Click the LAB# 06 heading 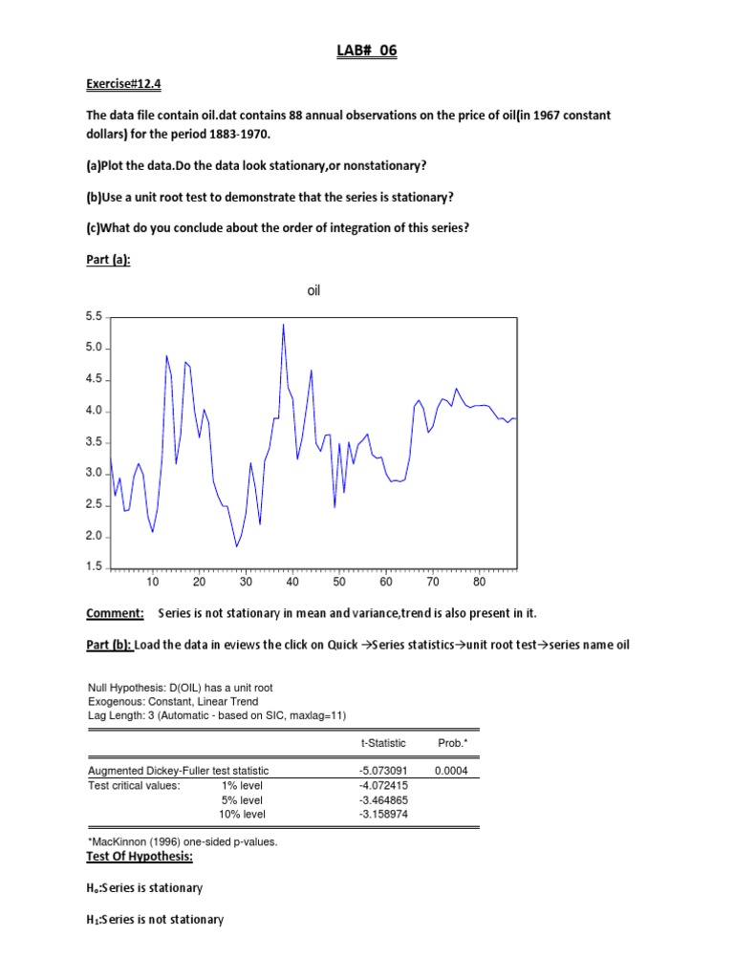pyautogui.click(x=367, y=52)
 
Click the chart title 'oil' pyautogui.click(x=313, y=290)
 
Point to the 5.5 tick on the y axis pyautogui.click(x=94, y=316)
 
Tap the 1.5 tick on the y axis pyautogui.click(x=94, y=567)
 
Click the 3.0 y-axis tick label pyautogui.click(x=94, y=473)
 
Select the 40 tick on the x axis pyautogui.click(x=292, y=582)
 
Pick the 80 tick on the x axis pyautogui.click(x=479, y=582)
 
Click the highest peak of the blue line pyautogui.click(x=283, y=325)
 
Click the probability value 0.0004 pyautogui.click(x=451, y=770)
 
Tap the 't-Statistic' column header pyautogui.click(x=383, y=743)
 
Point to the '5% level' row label pyautogui.click(x=243, y=799)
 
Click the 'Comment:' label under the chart pyautogui.click(x=115, y=612)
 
